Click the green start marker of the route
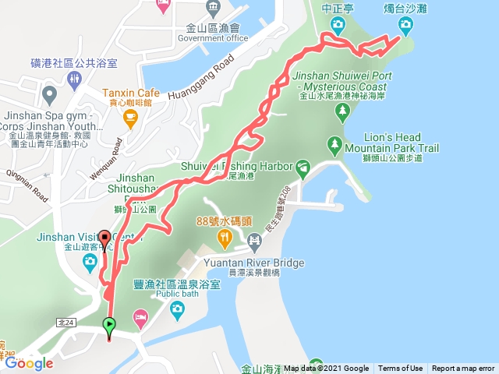(x=109, y=324)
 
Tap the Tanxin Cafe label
(x=130, y=92)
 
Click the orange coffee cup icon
(x=130, y=118)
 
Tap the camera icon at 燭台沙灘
(x=405, y=24)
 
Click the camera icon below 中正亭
(x=338, y=24)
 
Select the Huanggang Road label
(x=201, y=74)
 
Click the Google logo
(x=29, y=363)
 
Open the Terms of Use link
(x=401, y=369)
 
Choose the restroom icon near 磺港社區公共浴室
(x=73, y=79)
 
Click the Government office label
(x=213, y=38)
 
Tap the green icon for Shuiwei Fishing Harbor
(x=303, y=166)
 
